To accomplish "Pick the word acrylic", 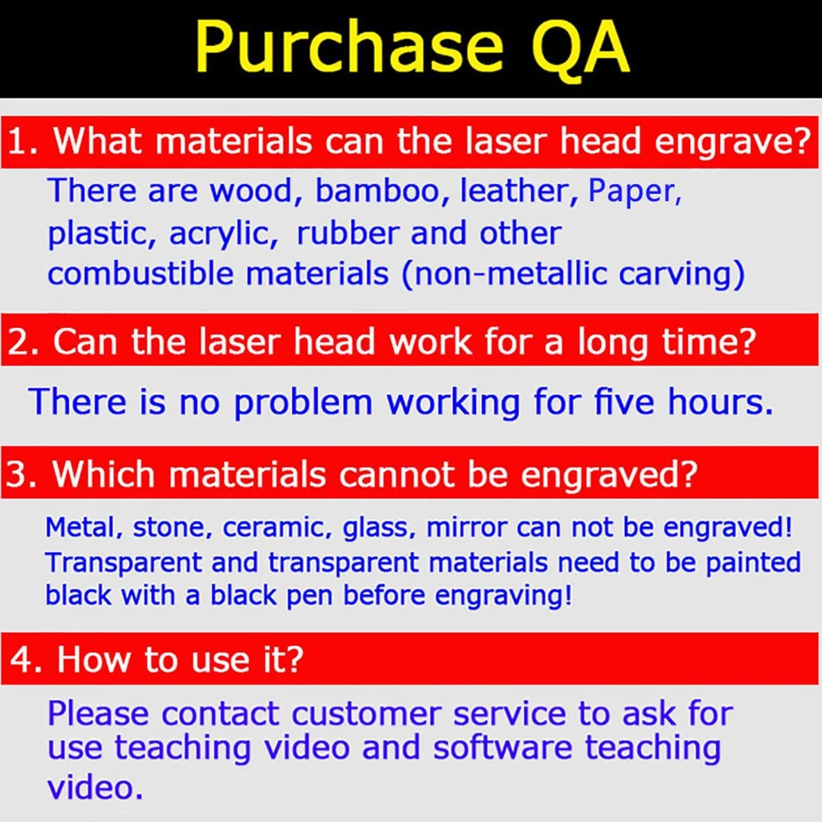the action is pyautogui.click(x=224, y=234).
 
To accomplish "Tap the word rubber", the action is pyautogui.click(x=349, y=233).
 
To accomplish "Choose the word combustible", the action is pyautogui.click(x=140, y=273).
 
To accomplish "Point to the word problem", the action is pyautogui.click(x=302, y=403).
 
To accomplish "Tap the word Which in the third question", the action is pyautogui.click(x=104, y=474).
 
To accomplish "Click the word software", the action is pyautogui.click(x=502, y=747).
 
